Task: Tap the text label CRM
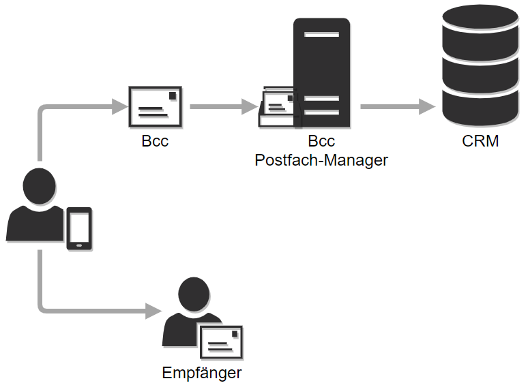point(480,142)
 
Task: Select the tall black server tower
point(322,73)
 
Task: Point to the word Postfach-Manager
point(321,160)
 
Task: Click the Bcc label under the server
point(321,142)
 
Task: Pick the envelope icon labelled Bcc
point(156,106)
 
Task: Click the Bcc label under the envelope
point(155,142)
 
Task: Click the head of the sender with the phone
point(39,185)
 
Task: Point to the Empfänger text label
point(202,373)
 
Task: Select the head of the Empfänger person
point(193,294)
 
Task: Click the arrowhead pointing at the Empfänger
point(153,311)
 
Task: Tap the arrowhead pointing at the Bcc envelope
point(120,106)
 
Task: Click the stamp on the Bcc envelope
point(174,95)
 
